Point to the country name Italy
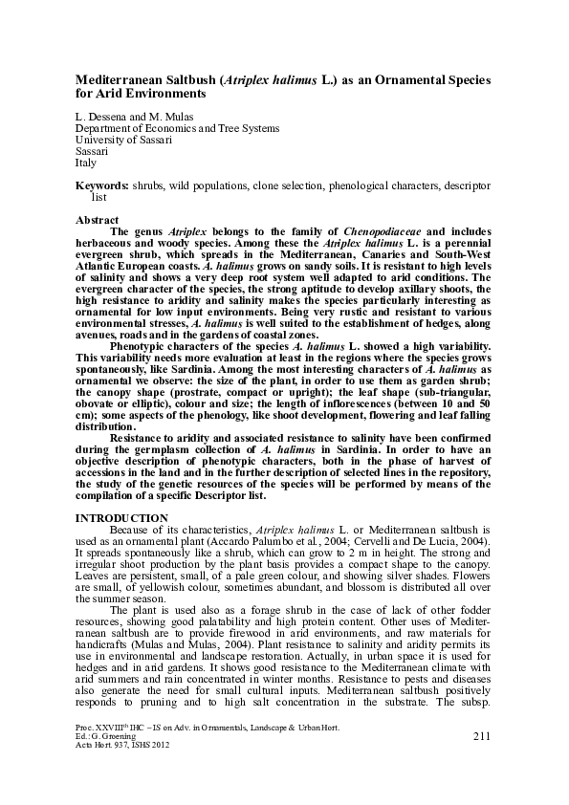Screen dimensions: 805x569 [86, 163]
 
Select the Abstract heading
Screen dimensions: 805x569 [97, 220]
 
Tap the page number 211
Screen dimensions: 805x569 [482, 762]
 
